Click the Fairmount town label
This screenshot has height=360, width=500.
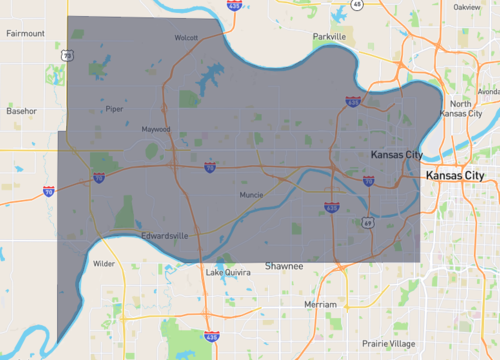(26, 33)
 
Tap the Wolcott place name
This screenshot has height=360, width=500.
(186, 38)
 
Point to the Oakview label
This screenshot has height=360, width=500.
(466, 6)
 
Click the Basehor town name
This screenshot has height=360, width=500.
(22, 110)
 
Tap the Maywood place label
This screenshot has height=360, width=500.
(156, 129)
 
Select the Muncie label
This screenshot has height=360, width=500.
(251, 195)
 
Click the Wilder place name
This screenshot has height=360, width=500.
(104, 264)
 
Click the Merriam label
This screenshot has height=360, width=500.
(320, 303)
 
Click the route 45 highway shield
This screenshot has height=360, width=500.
(357, 4)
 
